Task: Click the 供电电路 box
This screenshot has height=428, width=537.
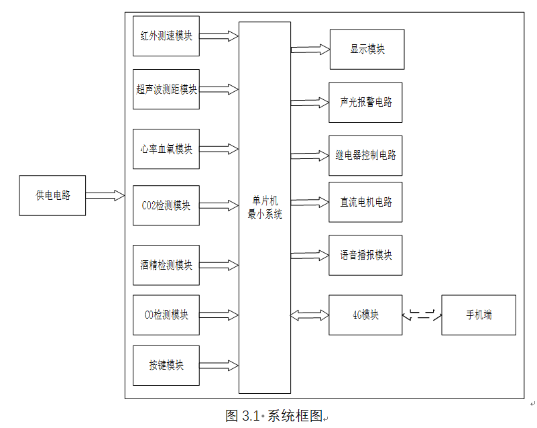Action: pos(52,196)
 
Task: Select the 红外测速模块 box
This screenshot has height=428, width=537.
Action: pos(166,36)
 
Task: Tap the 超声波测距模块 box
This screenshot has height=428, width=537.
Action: pos(166,89)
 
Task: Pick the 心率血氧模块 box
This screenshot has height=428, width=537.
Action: pos(166,149)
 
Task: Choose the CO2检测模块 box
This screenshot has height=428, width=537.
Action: pos(166,205)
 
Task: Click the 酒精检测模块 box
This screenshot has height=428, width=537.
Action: pos(166,265)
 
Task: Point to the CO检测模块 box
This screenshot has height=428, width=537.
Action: pos(166,315)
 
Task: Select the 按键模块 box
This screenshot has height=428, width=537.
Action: pos(166,366)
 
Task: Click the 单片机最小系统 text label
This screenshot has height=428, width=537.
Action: pos(265,208)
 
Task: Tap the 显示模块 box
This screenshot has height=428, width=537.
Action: pos(367,49)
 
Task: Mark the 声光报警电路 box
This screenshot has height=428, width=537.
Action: pos(365,103)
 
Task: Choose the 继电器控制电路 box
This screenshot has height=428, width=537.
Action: pos(365,155)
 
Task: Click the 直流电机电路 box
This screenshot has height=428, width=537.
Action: pos(365,202)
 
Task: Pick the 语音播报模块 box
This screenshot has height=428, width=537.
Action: pos(365,255)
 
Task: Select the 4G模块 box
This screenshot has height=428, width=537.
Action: pos(365,315)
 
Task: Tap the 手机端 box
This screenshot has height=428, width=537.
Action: pos(478,315)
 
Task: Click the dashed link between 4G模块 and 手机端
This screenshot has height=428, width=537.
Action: pos(422,315)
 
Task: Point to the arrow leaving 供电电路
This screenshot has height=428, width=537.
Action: pos(105,195)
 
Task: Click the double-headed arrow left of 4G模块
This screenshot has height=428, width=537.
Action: pos(310,315)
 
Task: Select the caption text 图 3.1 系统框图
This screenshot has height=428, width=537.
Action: pos(274,416)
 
